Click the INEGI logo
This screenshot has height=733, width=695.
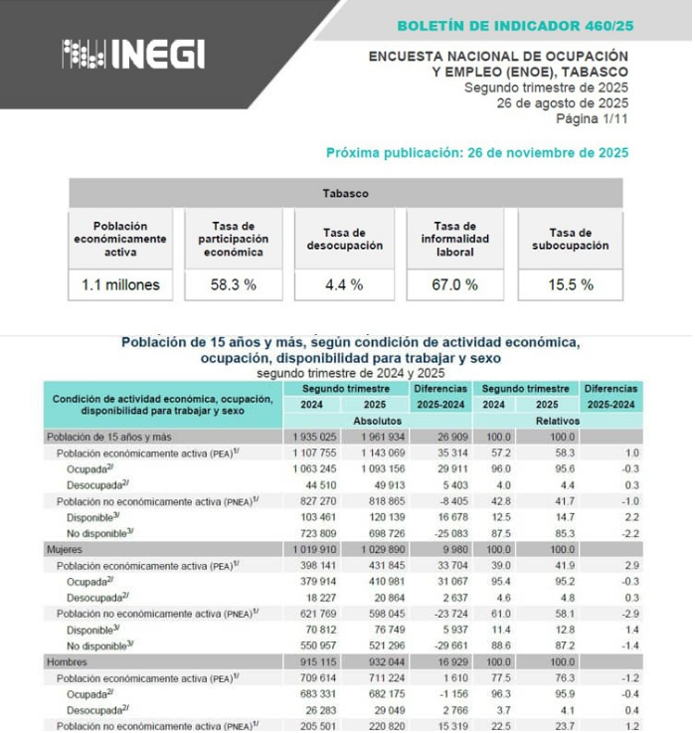point(133,54)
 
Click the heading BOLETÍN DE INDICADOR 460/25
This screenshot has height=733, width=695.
point(512,25)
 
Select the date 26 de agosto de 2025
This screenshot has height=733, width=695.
point(562,103)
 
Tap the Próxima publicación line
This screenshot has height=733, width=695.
point(477,153)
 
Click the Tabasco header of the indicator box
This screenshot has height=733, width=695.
point(345,194)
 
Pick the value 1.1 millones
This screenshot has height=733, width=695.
point(120,284)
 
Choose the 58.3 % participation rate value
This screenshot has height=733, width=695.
point(233,284)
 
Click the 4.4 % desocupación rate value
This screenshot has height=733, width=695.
point(344,284)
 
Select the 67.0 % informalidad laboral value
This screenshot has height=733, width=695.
point(455,284)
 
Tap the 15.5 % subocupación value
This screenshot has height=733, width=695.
point(570,284)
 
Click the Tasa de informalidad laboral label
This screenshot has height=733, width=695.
point(455,240)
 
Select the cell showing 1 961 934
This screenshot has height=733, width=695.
point(383,437)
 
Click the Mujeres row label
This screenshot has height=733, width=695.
point(64,548)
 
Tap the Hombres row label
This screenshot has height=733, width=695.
point(65,660)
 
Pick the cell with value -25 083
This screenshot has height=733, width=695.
point(441,532)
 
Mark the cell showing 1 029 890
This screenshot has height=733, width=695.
point(383,548)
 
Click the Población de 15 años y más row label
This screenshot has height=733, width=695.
point(107,437)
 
